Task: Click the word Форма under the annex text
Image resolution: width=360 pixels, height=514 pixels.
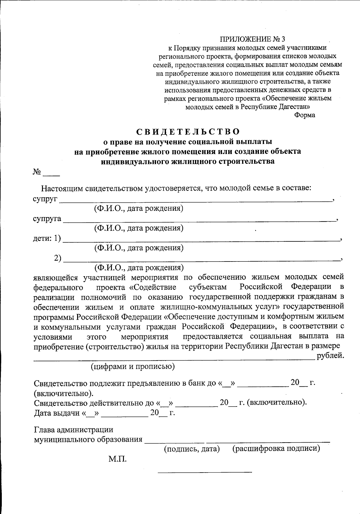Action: tap(304, 115)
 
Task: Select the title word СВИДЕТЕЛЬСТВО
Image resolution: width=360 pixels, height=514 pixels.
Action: tap(188, 132)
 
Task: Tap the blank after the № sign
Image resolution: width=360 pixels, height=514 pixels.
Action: tap(51, 174)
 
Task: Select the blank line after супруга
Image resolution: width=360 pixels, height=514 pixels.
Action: tap(199, 219)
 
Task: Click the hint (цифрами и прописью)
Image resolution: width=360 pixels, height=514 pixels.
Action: tap(133, 366)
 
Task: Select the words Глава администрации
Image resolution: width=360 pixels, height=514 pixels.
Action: tap(74, 430)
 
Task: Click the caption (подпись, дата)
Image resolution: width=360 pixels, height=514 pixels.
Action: tap(192, 449)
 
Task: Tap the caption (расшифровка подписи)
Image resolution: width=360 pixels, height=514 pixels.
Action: tap(276, 449)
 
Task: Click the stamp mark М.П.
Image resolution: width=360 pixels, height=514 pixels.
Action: tap(117, 459)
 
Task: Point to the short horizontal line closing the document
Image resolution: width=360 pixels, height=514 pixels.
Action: tap(205, 473)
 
